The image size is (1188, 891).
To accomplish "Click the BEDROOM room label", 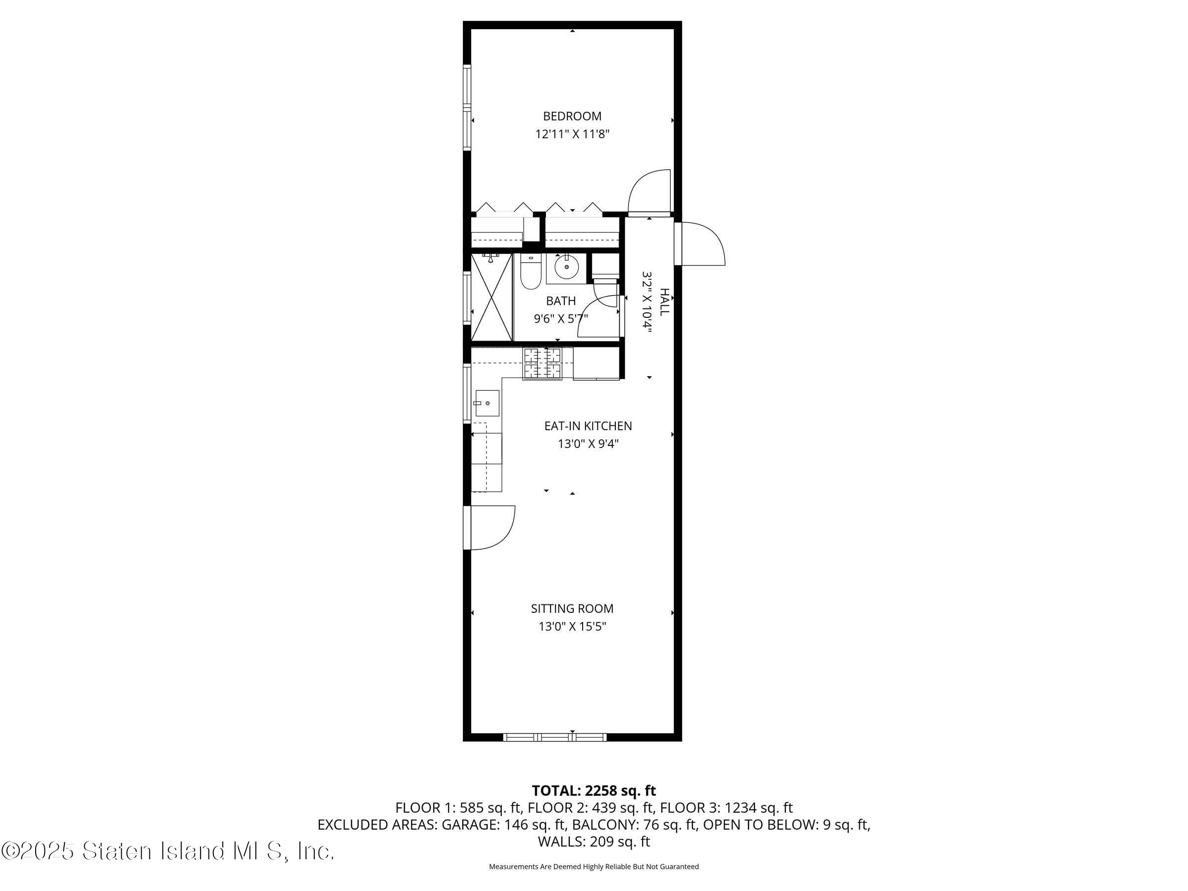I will (x=572, y=116).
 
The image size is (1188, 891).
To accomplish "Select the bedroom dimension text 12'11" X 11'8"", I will (x=572, y=134).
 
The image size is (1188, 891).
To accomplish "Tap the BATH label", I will (x=561, y=301).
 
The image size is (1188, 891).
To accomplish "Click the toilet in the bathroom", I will (x=530, y=272).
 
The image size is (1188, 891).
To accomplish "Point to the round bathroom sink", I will (x=566, y=267).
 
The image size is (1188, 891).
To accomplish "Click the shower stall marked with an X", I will (x=492, y=298).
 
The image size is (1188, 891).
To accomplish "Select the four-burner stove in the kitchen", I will (x=543, y=364).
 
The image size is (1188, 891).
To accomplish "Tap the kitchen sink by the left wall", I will (x=487, y=403).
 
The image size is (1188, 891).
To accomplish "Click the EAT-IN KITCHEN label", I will (x=588, y=426).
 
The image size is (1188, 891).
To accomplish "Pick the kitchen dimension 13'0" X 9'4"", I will (x=588, y=444).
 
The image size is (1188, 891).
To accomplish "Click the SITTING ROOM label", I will (x=572, y=608).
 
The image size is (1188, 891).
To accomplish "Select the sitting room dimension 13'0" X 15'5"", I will (x=572, y=627).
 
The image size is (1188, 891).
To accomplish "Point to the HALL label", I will (x=664, y=302).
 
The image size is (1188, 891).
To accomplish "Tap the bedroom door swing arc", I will (x=649, y=192).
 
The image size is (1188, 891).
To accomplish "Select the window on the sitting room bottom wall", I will (x=555, y=738).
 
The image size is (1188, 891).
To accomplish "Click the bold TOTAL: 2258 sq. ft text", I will (x=594, y=791).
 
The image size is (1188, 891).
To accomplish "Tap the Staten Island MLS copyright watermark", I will (x=168, y=851).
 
